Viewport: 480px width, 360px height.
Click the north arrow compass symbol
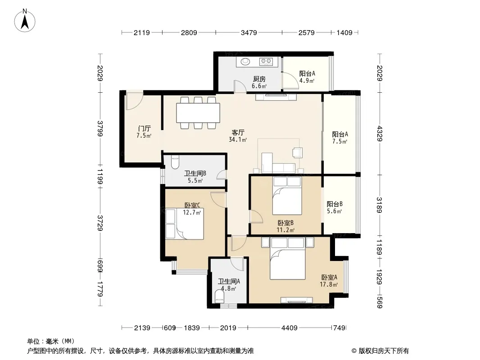coord(25,21)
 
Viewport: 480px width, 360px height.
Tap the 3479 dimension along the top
coord(249,32)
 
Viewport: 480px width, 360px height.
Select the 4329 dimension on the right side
coord(380,133)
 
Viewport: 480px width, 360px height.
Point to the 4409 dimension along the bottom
coord(289,328)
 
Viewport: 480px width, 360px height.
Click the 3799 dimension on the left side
coord(100,128)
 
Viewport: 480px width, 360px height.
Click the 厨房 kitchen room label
coord(259,79)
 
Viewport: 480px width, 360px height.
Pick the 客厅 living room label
coord(238,133)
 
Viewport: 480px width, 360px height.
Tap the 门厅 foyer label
coord(144,128)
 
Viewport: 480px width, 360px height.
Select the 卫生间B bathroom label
coord(195,173)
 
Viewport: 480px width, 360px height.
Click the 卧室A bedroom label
coord(329,277)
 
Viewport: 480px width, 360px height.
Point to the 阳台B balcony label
coord(334,204)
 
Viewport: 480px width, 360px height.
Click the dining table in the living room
coord(198,113)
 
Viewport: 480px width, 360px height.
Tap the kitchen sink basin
coord(245,62)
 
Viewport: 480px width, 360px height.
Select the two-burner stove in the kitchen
coord(266,62)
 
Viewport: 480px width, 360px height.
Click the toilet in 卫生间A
coord(219,297)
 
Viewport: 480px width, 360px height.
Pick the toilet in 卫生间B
coord(175,162)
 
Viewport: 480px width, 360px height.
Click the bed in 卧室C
coord(185,224)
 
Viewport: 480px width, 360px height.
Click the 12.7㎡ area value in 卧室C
coord(192,212)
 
